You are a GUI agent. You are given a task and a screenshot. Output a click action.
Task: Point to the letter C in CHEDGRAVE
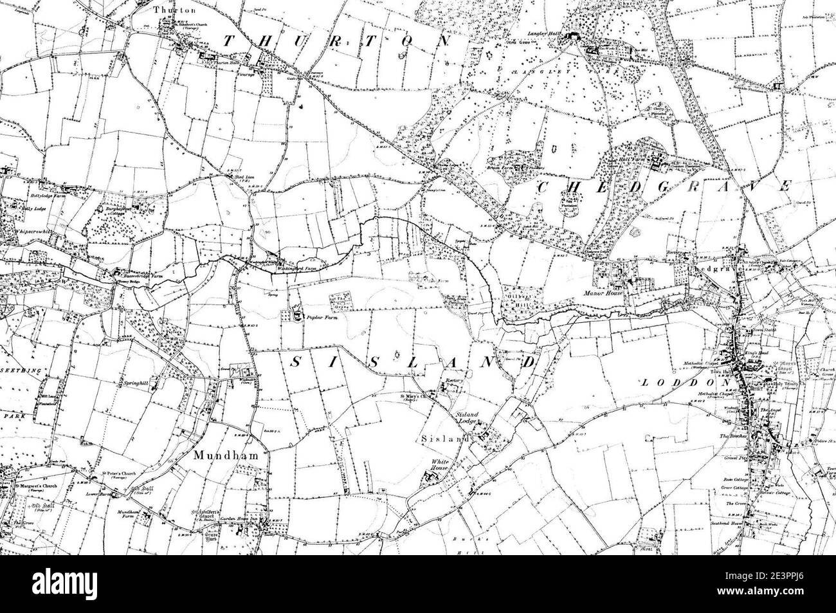(x=542, y=188)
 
